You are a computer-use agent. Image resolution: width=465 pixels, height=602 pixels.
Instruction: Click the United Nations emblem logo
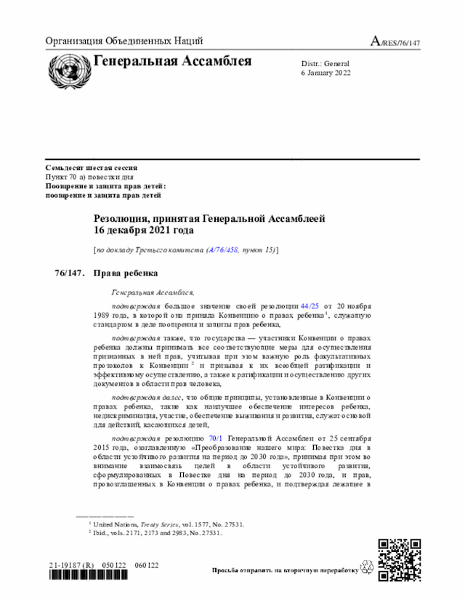[68, 70]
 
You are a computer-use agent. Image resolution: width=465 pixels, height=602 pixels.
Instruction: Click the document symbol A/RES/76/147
[395, 41]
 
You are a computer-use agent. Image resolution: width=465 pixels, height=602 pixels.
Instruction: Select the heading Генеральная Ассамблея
[172, 61]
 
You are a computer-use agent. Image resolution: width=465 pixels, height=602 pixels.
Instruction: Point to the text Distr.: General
[325, 64]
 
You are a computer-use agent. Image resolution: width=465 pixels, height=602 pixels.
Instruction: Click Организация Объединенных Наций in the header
[124, 41]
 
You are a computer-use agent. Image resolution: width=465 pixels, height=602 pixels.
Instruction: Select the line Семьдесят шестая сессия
[92, 168]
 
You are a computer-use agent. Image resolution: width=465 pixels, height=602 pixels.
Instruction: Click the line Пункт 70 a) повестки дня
[89, 177]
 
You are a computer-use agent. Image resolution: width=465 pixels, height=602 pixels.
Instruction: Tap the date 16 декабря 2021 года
[143, 230]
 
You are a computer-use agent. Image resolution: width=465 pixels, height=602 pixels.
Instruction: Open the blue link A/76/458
[223, 250]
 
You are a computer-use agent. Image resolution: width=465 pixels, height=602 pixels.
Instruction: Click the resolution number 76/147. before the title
[70, 273]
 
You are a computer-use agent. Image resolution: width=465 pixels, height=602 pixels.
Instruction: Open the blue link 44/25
[310, 307]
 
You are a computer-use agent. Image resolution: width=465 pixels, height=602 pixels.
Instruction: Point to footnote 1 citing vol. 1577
[167, 523]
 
